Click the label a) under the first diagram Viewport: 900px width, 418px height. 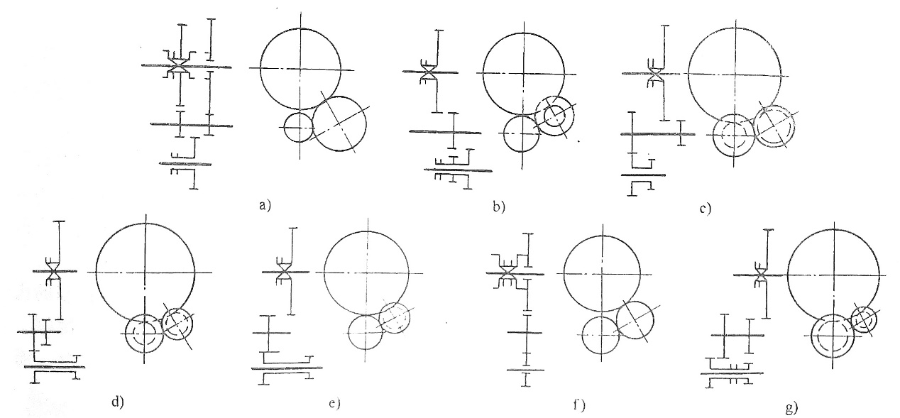265,206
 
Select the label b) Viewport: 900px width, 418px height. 499,207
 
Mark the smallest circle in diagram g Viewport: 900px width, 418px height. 863,319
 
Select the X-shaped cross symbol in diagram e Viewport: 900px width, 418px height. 285,272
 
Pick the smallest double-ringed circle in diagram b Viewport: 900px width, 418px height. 554,115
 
